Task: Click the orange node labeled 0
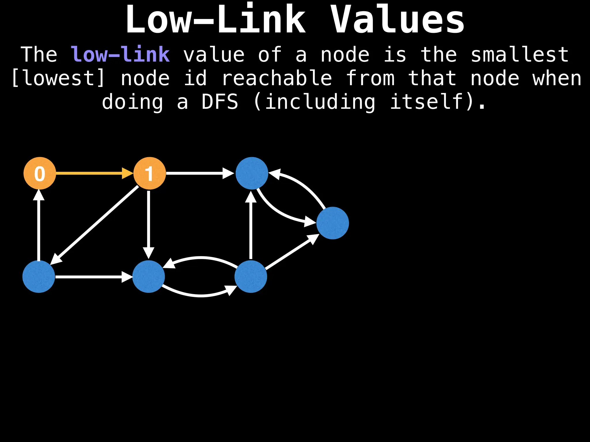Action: [x=40, y=173]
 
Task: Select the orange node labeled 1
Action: [x=150, y=173]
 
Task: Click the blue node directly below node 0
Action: [x=39, y=277]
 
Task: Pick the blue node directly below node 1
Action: [x=148, y=277]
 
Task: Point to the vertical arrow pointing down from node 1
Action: [x=149, y=224]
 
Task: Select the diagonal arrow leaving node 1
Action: [x=95, y=224]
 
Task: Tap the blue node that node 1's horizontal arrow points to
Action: [x=252, y=173]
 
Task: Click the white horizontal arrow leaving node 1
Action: [x=199, y=173]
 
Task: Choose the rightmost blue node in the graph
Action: [x=332, y=223]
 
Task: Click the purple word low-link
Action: [x=120, y=54]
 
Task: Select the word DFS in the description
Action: [x=220, y=102]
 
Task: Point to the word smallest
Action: [x=519, y=54]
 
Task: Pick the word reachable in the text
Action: [x=277, y=78]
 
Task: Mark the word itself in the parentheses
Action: [x=426, y=102]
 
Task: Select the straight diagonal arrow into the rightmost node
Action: [x=291, y=253]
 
